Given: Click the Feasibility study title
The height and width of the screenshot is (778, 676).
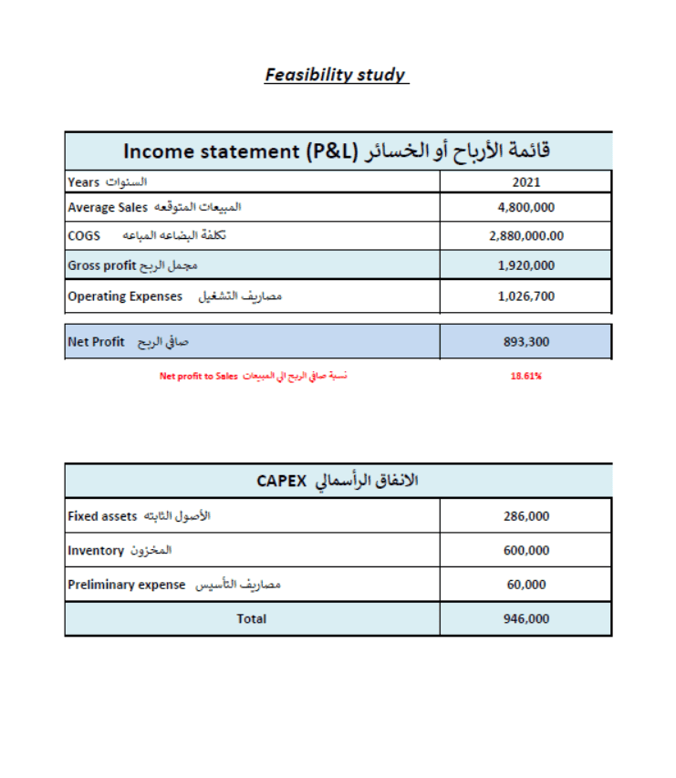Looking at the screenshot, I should [x=336, y=75].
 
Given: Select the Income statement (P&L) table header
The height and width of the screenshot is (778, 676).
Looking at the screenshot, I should [x=338, y=150].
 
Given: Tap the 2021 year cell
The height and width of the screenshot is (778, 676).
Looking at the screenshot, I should [x=526, y=182].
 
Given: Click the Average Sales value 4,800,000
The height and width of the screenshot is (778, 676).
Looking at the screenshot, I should [x=526, y=207].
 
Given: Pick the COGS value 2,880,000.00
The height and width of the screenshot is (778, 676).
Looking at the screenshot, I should [x=526, y=235].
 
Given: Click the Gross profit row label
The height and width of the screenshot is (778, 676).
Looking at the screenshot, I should [x=133, y=265].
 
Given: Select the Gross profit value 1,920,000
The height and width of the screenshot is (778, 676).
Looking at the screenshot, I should [x=526, y=265].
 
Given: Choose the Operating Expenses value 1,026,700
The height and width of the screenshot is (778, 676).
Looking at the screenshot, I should [x=526, y=296].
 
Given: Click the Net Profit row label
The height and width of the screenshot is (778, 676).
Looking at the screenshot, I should [x=128, y=342].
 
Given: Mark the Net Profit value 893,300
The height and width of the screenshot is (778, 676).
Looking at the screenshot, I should [x=526, y=342].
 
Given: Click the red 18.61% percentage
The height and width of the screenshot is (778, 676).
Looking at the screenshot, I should [x=526, y=375].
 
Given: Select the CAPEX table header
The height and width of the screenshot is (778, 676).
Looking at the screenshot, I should [x=338, y=481].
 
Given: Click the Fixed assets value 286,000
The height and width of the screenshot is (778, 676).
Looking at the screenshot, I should [x=526, y=515].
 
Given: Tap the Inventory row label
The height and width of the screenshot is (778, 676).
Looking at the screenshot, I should [x=120, y=550].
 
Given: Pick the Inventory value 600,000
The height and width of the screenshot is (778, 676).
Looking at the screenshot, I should [x=526, y=550].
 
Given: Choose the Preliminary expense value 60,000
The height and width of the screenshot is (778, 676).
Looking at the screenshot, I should [x=526, y=584].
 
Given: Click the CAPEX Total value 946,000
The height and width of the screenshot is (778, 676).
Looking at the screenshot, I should [x=526, y=618].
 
